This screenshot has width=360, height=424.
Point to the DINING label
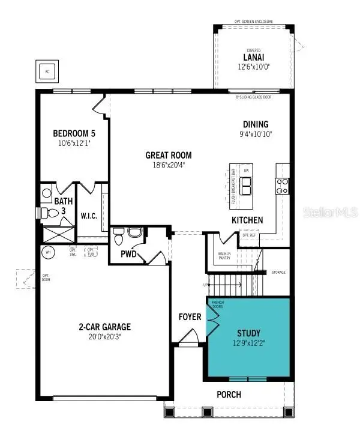tap(255, 124)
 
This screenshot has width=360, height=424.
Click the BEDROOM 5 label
tap(73, 133)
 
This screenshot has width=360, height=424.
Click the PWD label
tap(128, 254)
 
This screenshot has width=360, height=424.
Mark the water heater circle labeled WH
tap(47, 252)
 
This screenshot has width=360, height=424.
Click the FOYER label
tap(190, 316)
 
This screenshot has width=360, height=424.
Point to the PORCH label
tap(229, 395)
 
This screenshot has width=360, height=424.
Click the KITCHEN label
tap(247, 220)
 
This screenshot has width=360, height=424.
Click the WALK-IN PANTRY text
tap(224, 256)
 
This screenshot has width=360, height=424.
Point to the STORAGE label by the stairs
tap(278, 272)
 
